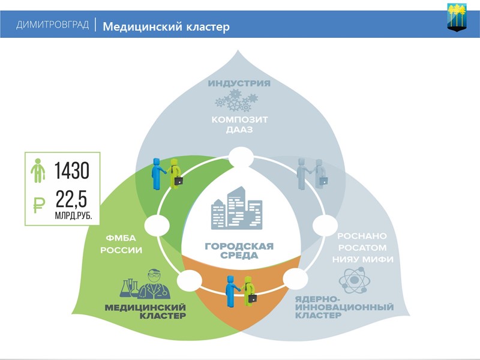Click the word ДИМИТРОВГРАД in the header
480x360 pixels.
click(x=53, y=25)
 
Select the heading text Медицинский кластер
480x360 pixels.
click(x=166, y=26)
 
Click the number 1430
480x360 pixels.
click(x=72, y=171)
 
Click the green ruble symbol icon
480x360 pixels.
click(x=38, y=204)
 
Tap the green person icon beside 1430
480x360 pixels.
click(x=38, y=170)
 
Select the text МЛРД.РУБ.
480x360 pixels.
click(x=73, y=215)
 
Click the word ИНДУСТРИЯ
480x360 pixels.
click(x=239, y=83)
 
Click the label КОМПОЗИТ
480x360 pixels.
click(x=239, y=119)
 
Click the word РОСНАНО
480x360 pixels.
click(x=362, y=236)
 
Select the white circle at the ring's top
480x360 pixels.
click(x=240, y=158)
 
